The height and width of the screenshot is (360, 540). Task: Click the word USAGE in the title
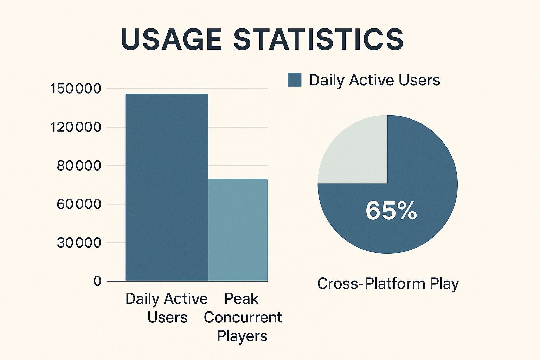click(x=171, y=39)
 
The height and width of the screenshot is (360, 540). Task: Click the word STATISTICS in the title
click(x=319, y=39)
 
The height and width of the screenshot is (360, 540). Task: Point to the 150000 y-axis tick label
click(x=76, y=89)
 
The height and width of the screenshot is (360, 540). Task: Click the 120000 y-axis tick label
click(x=76, y=127)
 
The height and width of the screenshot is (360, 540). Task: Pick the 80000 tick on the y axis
click(x=79, y=166)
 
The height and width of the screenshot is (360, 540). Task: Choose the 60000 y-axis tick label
click(x=79, y=204)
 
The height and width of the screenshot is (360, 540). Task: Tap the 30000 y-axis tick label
click(x=79, y=243)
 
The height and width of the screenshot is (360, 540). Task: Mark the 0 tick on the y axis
click(x=97, y=281)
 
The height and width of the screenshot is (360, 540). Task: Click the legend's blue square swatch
click(x=294, y=80)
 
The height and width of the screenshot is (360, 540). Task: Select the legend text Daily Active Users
click(x=374, y=80)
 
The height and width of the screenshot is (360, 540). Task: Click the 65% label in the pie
click(x=391, y=211)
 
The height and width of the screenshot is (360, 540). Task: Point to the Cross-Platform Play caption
click(x=388, y=283)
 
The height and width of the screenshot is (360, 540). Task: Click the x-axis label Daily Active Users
click(x=167, y=308)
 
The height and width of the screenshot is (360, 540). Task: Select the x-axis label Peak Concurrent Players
click(x=243, y=317)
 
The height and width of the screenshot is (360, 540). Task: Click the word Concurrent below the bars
click(x=243, y=317)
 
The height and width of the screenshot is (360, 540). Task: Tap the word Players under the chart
click(x=242, y=336)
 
